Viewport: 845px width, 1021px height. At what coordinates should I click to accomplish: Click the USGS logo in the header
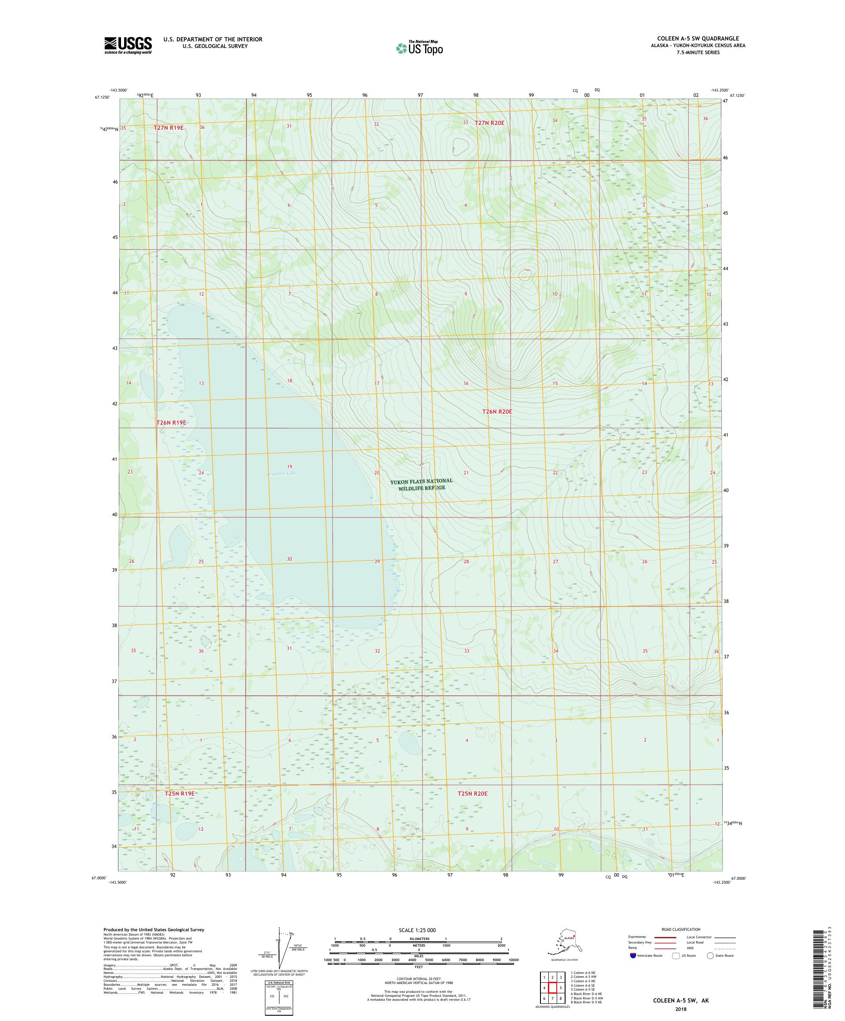pyautogui.click(x=127, y=46)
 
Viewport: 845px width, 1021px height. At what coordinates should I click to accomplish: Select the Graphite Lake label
pyautogui.click(x=281, y=473)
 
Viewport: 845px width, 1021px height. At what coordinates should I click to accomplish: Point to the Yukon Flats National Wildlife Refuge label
pyautogui.click(x=422, y=484)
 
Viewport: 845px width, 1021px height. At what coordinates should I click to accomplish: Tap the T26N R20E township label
pyautogui.click(x=497, y=411)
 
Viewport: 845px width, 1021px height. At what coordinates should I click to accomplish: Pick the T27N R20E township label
pyautogui.click(x=489, y=123)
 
